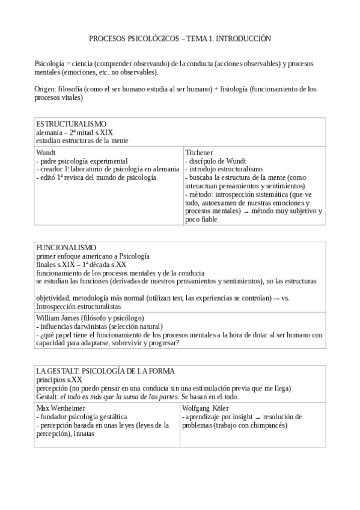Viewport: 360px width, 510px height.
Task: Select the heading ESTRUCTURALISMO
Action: tap(71, 124)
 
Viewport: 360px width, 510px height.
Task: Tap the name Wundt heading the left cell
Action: tap(47, 153)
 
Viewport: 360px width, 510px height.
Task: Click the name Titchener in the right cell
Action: tap(200, 153)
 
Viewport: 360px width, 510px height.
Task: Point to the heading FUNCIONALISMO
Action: tap(66, 248)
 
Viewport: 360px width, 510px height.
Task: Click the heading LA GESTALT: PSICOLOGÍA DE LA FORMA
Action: tap(105, 371)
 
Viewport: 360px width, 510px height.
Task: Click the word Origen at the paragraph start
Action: tap(46, 89)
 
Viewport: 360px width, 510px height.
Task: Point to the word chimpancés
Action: tap(267, 425)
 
